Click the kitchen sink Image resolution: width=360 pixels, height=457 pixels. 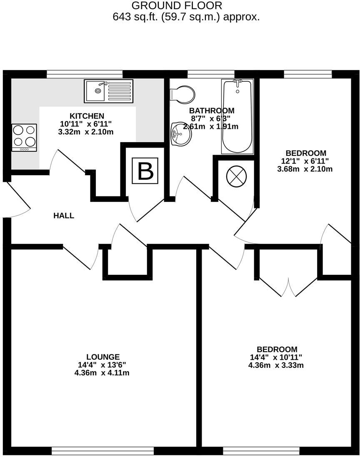[108, 91]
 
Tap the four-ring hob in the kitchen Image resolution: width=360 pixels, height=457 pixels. [24, 137]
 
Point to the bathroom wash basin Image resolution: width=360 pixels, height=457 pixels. [181, 133]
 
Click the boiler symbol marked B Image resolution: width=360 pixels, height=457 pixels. [145, 171]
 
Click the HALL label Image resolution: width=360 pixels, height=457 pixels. [64, 216]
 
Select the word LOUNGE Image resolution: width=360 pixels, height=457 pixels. [103, 357]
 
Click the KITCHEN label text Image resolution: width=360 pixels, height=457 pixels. [87, 116]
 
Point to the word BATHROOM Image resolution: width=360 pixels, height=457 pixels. [212, 110]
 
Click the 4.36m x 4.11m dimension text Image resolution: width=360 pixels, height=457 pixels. [102, 373]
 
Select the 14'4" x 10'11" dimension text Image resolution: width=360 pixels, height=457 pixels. [275, 357]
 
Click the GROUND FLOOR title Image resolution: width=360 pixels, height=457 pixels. [177, 6]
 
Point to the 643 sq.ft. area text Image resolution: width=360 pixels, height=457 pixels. [186, 17]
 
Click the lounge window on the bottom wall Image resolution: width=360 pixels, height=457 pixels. [103, 451]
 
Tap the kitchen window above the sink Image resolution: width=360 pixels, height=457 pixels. [85, 74]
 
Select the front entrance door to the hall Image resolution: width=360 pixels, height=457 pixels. [17, 199]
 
